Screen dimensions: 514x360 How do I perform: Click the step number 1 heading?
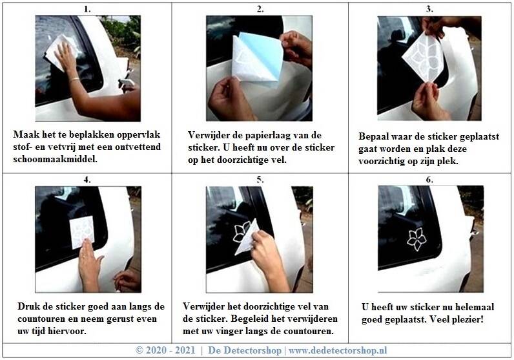tap(87, 9)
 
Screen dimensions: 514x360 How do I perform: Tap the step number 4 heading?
tap(87, 180)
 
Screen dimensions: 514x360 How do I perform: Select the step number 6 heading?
tap(429, 180)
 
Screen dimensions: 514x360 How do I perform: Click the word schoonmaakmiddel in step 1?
tap(55, 159)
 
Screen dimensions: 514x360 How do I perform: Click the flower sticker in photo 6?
tap(416, 239)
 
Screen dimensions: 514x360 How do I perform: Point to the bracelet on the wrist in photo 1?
tap(74, 79)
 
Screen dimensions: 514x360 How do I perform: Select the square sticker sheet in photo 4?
tap(82, 232)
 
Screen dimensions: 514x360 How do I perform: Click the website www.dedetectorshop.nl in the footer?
tap(338, 350)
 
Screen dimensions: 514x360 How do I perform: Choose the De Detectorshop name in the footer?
tap(245, 350)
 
